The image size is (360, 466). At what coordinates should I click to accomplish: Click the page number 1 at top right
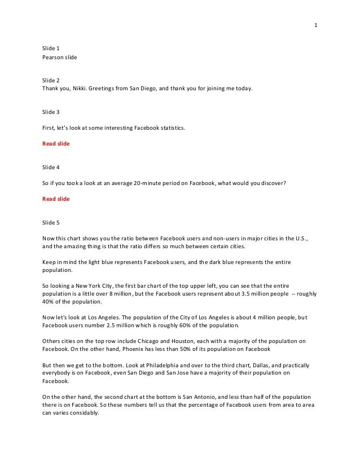(x=317, y=25)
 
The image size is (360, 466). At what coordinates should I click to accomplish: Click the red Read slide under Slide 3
(x=56, y=143)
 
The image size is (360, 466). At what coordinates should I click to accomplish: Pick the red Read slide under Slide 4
(x=56, y=199)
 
